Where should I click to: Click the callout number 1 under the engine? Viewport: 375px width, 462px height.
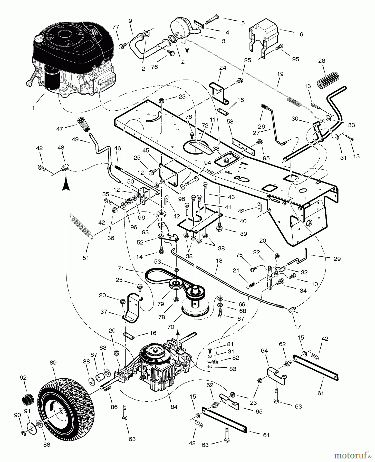[x=33, y=108]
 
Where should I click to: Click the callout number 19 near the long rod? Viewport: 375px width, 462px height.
[x=280, y=74]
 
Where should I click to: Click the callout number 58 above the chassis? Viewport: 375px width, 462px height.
[x=230, y=121]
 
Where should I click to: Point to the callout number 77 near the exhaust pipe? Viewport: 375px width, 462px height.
[x=116, y=27]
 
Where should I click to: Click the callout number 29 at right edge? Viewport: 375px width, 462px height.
[x=337, y=259]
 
